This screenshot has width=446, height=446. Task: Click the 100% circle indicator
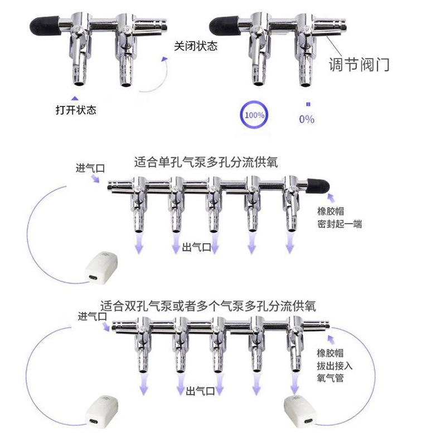pos(241,115)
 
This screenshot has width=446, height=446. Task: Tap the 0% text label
pos(307,119)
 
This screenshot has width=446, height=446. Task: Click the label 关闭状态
pos(196,46)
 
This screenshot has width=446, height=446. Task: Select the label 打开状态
pos(76,110)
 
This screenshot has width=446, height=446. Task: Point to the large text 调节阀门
pos(359,64)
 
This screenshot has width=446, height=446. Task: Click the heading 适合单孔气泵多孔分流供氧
pos(206,162)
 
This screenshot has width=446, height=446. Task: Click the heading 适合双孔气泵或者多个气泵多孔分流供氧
pos(208,306)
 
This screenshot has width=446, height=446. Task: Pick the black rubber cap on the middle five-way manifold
pos(318,186)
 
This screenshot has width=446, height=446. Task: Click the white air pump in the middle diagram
pos(101,268)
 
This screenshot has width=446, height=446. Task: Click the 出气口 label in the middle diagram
pos(196,247)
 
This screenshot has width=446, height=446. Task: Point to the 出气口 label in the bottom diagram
pos(200,391)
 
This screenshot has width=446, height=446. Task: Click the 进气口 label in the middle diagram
pos(90,168)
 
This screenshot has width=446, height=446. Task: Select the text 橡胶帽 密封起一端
pos(340,217)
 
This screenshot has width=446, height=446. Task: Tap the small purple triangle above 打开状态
pos(75,99)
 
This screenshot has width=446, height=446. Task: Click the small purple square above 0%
pos(308,104)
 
